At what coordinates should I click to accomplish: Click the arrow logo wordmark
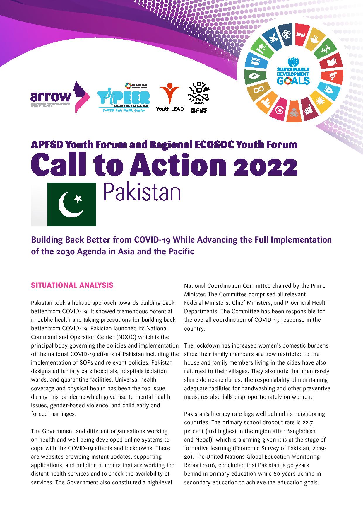pos(50,96)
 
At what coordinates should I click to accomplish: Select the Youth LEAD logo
pos(170,97)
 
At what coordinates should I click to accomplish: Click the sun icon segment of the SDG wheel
pos(320,102)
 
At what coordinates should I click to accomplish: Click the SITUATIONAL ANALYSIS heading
pos(72,285)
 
